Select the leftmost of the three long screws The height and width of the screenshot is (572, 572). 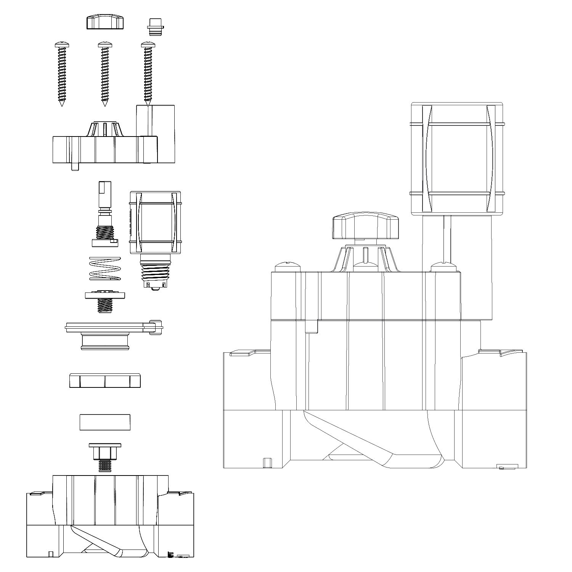tap(61, 72)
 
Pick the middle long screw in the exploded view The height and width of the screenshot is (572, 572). tap(105, 72)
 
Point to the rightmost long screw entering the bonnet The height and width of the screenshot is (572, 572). tap(148, 72)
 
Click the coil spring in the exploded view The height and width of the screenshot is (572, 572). tap(104, 268)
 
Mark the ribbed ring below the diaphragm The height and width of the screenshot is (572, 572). tap(105, 381)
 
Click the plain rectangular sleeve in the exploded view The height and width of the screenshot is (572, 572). tap(105, 422)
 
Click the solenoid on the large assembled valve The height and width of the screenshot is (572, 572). tap(457, 157)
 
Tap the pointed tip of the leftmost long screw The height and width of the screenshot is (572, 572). tap(62, 103)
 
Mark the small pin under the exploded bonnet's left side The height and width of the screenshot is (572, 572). tap(75, 167)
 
